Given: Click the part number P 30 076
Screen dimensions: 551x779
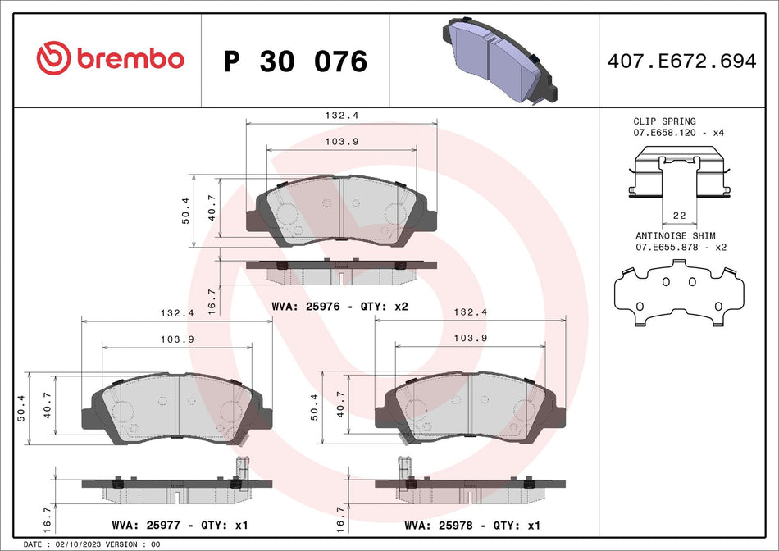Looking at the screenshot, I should [x=295, y=61].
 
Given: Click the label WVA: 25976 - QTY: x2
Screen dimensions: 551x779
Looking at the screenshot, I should [x=339, y=306].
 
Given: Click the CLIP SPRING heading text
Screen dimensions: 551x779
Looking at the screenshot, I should [x=664, y=121].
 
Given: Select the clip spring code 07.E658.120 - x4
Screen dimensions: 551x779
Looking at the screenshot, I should [x=678, y=132].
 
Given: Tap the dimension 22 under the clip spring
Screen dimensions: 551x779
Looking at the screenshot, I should [x=679, y=215].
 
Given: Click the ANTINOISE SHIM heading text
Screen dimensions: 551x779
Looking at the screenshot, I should [x=675, y=235].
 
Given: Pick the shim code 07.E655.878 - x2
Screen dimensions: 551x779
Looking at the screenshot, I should [x=681, y=246].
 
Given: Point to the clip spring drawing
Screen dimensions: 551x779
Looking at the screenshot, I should [x=679, y=172].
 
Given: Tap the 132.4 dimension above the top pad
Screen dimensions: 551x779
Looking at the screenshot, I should [x=341, y=116].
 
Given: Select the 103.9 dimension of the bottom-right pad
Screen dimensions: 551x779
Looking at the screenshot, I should [x=467, y=338].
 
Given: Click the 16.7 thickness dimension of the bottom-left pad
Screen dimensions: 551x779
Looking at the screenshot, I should [x=47, y=519].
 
